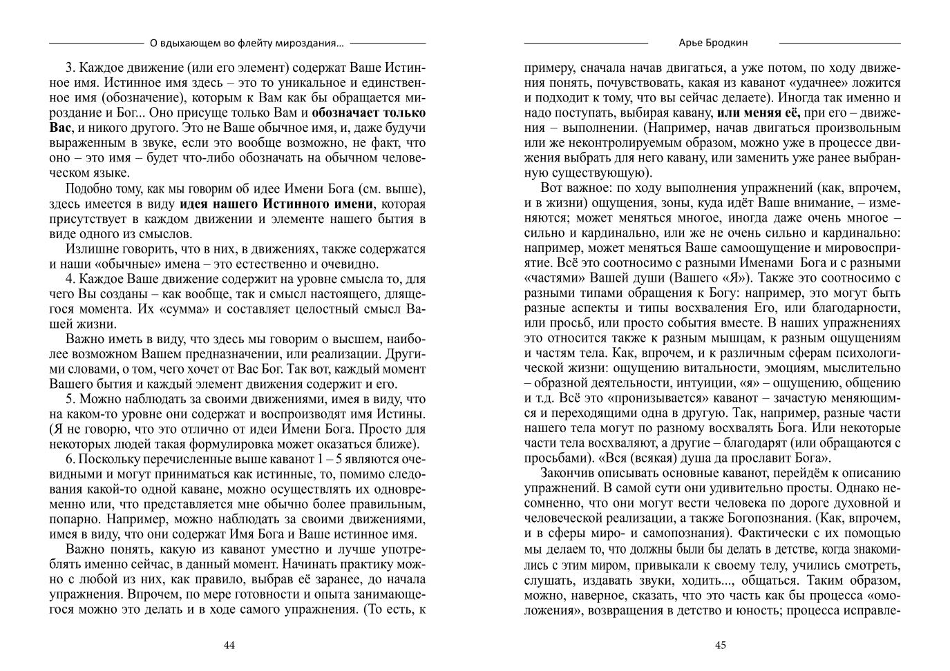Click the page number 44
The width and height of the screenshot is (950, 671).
[229, 645]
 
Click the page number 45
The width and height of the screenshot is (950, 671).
[720, 645]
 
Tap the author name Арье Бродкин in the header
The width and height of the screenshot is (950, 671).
[712, 43]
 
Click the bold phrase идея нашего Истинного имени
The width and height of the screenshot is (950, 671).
[276, 204]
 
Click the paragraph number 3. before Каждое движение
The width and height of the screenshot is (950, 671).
[70, 68]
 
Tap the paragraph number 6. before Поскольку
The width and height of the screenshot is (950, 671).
[70, 459]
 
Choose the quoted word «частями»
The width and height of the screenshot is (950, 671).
[554, 278]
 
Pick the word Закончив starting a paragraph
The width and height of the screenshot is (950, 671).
[568, 474]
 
